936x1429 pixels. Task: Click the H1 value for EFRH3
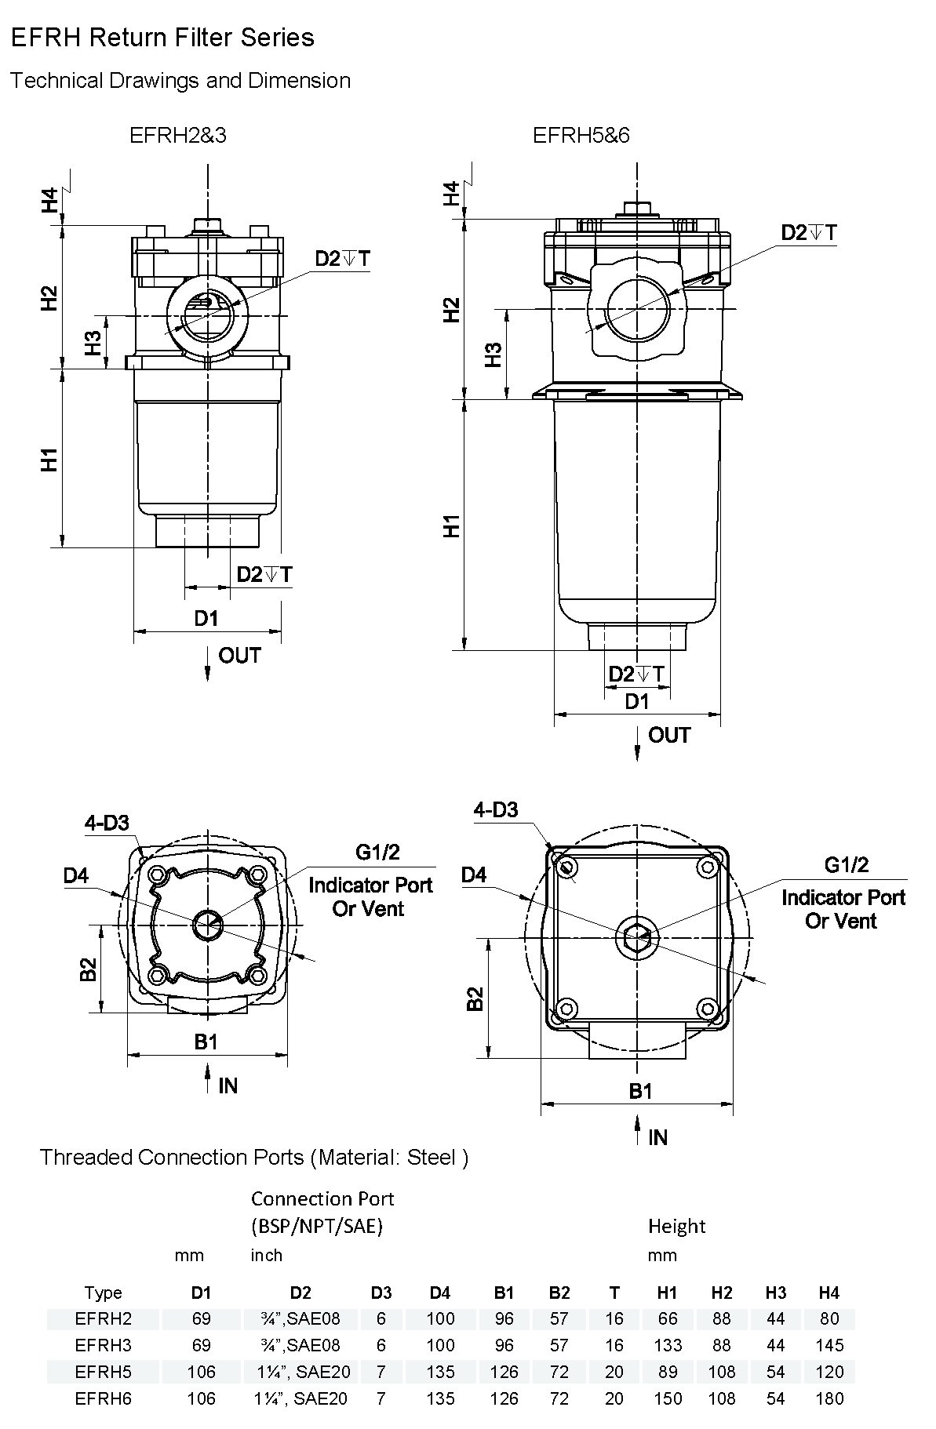click(668, 1345)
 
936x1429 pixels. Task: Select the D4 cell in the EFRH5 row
click(440, 1372)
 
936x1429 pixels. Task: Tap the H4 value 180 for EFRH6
click(829, 1398)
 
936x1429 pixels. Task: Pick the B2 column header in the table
click(559, 1293)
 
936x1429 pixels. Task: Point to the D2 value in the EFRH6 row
click(300, 1398)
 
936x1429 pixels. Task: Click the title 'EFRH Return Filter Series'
click(162, 38)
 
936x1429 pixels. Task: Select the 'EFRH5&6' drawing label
click(581, 136)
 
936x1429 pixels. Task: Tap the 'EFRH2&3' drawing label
click(178, 136)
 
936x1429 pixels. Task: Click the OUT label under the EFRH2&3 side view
click(239, 656)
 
